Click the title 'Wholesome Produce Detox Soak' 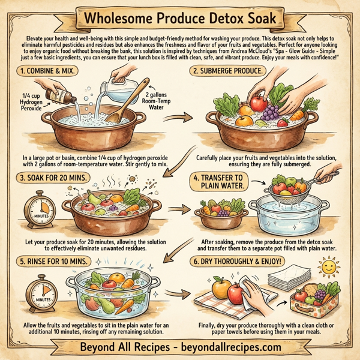[x=179, y=16]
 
